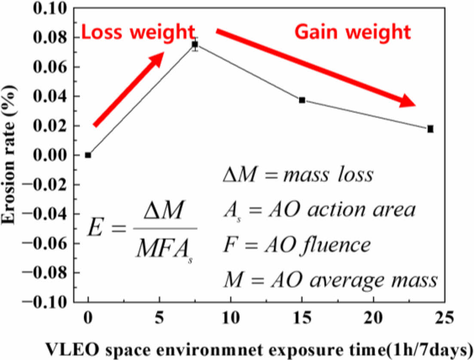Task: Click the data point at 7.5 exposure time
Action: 195,44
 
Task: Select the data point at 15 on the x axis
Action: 302,100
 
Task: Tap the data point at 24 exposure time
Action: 430,129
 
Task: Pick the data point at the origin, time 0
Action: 88,155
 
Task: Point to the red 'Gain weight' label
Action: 353,32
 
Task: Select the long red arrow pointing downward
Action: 316,68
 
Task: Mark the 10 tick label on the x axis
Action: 231,320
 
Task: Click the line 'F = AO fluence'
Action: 297,245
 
